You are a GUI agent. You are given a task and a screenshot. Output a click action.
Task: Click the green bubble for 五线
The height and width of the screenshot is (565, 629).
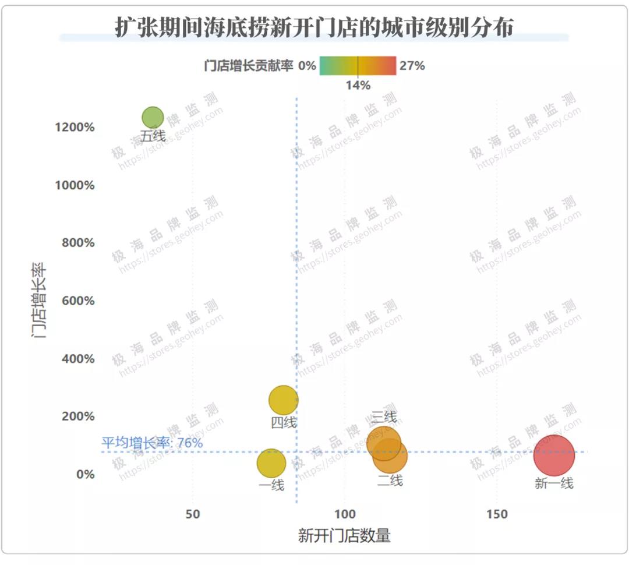tap(153, 118)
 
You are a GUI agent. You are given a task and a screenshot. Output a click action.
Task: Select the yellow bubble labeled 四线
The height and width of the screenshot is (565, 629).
tap(284, 400)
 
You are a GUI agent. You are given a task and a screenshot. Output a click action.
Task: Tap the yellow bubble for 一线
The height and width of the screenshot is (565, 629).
tap(271, 463)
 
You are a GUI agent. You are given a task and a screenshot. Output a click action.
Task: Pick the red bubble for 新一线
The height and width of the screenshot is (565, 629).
tap(554, 455)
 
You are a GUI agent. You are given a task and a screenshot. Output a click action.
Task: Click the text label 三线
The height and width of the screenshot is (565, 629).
tap(384, 417)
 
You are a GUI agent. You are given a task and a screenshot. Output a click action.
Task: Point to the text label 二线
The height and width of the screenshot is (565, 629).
tap(390, 481)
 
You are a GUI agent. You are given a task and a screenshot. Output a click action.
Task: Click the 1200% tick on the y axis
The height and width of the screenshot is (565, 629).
tap(75, 128)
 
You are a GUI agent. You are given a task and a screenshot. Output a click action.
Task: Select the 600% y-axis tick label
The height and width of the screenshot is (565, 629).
tap(77, 301)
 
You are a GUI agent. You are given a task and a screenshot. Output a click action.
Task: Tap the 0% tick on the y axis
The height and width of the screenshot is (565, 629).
tap(84, 474)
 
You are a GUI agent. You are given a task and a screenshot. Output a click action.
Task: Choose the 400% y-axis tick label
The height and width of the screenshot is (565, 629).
tap(77, 359)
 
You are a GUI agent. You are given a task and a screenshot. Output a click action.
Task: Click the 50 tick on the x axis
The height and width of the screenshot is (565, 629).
tap(192, 514)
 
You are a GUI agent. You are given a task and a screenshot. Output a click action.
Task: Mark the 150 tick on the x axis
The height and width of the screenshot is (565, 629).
tap(496, 514)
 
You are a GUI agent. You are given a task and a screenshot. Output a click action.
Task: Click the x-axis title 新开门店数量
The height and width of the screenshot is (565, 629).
tap(344, 536)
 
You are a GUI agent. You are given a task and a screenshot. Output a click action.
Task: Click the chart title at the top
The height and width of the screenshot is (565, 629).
tap(314, 27)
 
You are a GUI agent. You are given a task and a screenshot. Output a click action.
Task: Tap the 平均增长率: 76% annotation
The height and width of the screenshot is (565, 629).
tap(152, 443)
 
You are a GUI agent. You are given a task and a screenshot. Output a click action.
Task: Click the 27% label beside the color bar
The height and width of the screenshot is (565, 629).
tap(412, 66)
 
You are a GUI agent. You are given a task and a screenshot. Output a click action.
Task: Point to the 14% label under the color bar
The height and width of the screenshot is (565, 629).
tap(358, 86)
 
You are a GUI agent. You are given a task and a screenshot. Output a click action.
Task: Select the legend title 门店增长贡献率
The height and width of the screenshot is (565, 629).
tap(249, 66)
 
